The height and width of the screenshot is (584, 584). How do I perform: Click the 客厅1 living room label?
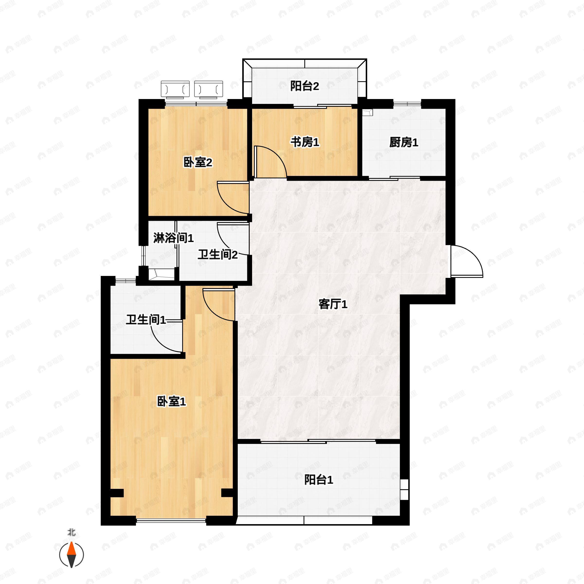333,304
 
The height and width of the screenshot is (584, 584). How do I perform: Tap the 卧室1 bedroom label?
171,402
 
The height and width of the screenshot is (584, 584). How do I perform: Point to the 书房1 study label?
305,142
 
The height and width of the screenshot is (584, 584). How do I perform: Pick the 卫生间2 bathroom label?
218,255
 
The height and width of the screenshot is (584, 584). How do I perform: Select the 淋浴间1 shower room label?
173,238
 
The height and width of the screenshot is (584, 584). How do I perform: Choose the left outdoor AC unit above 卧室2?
175,90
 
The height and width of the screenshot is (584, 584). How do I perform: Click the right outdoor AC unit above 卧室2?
209,90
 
